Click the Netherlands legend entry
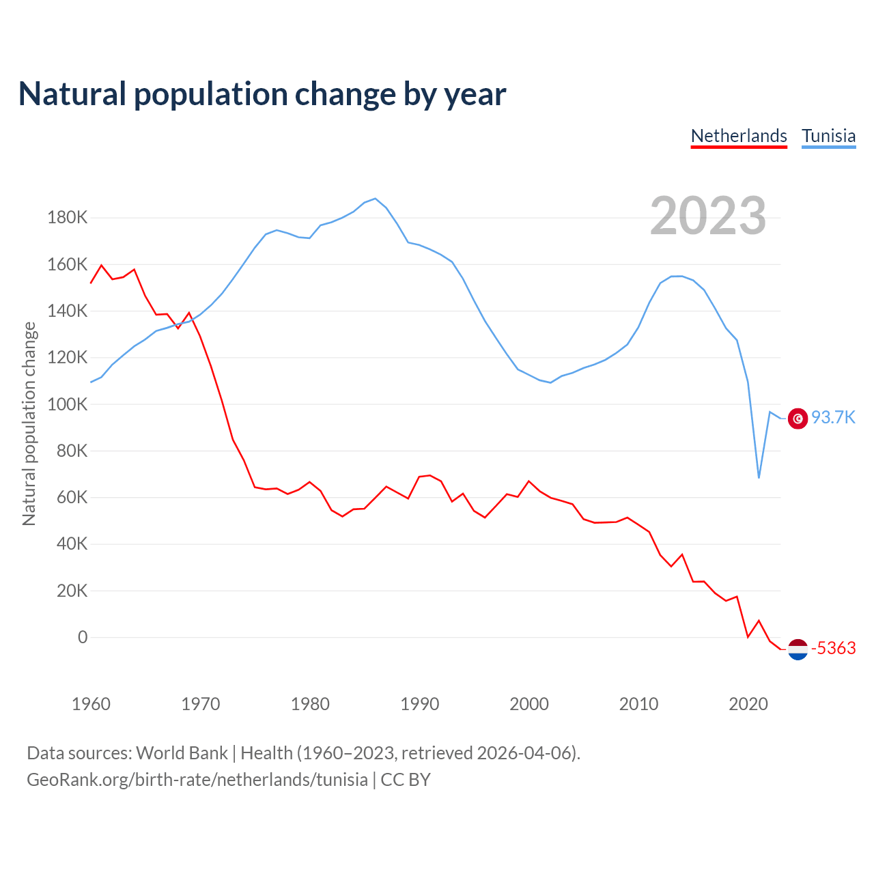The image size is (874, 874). [x=739, y=136]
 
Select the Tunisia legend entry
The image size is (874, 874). [x=828, y=136]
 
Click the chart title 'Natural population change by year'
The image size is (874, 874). [x=262, y=94]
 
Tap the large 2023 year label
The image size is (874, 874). [x=708, y=216]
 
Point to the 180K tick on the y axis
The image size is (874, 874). [x=68, y=218]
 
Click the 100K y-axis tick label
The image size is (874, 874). [x=68, y=404]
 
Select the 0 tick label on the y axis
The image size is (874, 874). [x=83, y=637]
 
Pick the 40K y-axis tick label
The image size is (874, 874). [x=72, y=544]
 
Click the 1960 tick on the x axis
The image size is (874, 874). [x=91, y=704]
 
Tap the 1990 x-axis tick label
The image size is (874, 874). [x=419, y=704]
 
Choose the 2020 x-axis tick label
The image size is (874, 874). [x=748, y=704]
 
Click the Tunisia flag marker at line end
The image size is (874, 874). [x=798, y=419]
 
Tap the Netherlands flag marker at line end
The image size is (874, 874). [x=798, y=649]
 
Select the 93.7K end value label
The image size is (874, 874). [x=833, y=417]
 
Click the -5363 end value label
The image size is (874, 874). [x=833, y=648]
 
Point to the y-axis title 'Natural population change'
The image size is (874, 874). [x=29, y=424]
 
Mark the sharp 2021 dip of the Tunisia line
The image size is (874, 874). [x=759, y=477]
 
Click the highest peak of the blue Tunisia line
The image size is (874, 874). [x=375, y=199]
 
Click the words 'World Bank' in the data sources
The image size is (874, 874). [x=182, y=753]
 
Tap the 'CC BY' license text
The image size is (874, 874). [x=406, y=780]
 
